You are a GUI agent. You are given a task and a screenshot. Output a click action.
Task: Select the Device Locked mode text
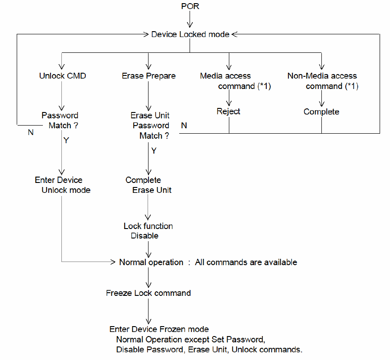coord(190,34)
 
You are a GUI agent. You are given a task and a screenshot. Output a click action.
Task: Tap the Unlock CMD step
coord(62,76)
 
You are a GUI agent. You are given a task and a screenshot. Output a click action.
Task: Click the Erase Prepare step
coord(149,76)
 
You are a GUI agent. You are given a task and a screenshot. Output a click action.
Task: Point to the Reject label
coord(228,112)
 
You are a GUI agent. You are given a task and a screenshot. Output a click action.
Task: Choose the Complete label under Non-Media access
coord(321,112)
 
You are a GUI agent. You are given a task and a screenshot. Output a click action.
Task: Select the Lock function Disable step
coord(148,231)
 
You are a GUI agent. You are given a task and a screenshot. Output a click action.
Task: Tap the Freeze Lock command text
coord(148,293)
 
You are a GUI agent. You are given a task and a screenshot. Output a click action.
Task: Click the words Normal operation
coord(151,262)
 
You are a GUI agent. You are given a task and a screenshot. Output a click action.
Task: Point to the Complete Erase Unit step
coord(149,185)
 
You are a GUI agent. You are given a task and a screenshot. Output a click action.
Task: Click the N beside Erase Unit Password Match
coord(184,126)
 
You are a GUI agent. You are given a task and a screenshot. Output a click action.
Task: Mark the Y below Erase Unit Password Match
coord(153,151)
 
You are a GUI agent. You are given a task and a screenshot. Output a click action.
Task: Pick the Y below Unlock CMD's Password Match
coord(66,140)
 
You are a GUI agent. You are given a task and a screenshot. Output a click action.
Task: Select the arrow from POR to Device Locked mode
coord(190,20)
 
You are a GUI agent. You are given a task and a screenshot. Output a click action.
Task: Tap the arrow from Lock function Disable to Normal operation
coord(148,248)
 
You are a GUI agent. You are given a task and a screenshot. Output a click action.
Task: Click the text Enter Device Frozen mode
coord(159,329)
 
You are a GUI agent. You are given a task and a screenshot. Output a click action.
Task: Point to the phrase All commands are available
coord(246,262)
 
